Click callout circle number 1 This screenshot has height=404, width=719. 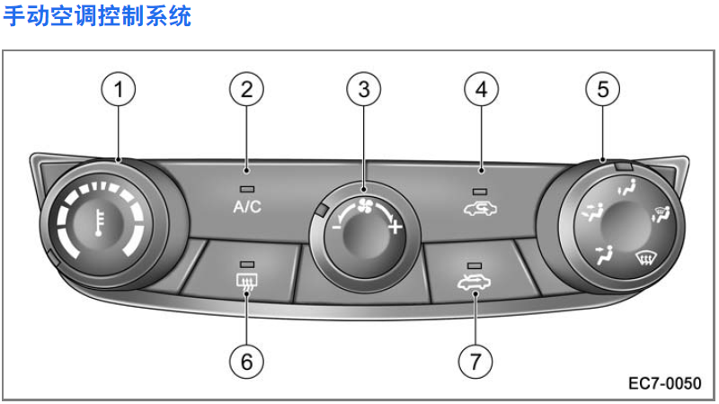tap(118, 90)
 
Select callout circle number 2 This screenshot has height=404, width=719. tap(246, 90)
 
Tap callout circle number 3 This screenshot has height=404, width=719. tap(363, 90)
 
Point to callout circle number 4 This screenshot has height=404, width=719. tap(481, 90)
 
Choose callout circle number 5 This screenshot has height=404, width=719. tap(602, 90)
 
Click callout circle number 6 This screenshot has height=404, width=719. tap(246, 361)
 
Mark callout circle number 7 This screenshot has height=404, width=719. tap(475, 361)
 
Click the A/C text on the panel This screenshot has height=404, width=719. tap(247, 207)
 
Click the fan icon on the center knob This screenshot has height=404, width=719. tap(363, 204)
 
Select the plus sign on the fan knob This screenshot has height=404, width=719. tap(393, 227)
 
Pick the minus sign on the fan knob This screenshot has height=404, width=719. tap(335, 227)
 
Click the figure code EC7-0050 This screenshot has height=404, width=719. tap(664, 382)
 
